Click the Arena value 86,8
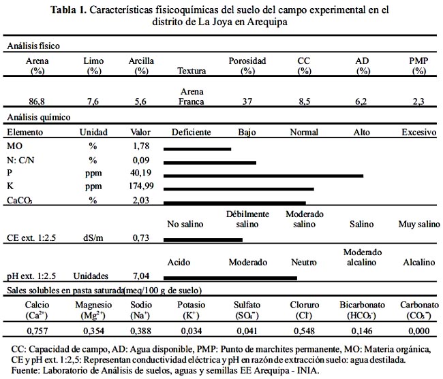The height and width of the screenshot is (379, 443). click(x=37, y=101)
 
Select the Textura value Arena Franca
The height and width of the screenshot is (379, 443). click(x=192, y=97)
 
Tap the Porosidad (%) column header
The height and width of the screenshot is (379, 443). click(x=247, y=66)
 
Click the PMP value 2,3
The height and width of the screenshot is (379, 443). click(x=418, y=101)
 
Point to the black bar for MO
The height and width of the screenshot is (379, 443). click(x=197, y=149)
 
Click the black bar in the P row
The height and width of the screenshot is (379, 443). click(x=263, y=176)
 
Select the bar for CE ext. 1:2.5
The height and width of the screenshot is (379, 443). click(x=203, y=240)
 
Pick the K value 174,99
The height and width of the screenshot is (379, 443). click(x=141, y=186)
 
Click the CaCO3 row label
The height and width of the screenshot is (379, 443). click(x=19, y=201)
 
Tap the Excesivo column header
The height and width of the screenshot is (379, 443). click(x=419, y=132)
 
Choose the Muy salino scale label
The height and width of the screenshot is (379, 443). click(x=419, y=224)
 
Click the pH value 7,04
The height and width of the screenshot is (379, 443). click(x=141, y=276)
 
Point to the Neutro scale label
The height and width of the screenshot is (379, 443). click(x=304, y=262)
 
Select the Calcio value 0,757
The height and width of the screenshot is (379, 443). click(x=37, y=331)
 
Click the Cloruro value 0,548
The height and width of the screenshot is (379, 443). click(x=304, y=331)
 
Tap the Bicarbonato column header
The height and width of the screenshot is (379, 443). click(x=362, y=310)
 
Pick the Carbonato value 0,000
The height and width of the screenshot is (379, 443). click(x=419, y=331)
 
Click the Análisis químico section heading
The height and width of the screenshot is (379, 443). click(x=39, y=117)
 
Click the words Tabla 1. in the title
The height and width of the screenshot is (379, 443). click(x=68, y=10)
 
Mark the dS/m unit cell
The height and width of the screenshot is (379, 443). click(x=93, y=238)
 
